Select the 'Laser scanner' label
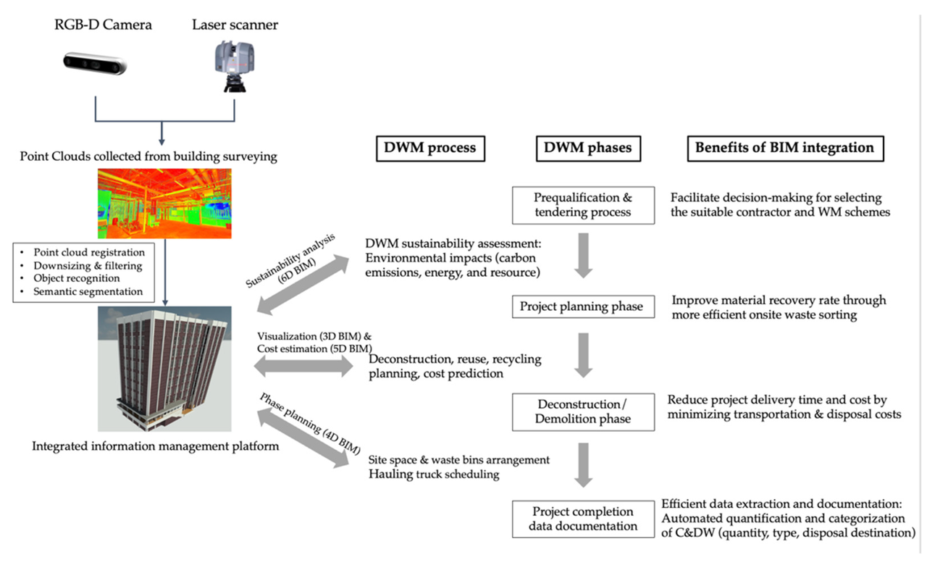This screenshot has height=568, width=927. [x=235, y=25]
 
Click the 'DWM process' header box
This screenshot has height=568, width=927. [x=430, y=148]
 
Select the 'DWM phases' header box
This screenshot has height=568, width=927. [x=587, y=148]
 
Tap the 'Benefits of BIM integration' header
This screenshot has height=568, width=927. [x=784, y=148]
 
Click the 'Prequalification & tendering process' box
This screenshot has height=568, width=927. [x=582, y=205]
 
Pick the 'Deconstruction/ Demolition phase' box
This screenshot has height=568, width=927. [x=584, y=411]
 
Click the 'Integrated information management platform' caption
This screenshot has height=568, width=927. [x=156, y=446]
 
